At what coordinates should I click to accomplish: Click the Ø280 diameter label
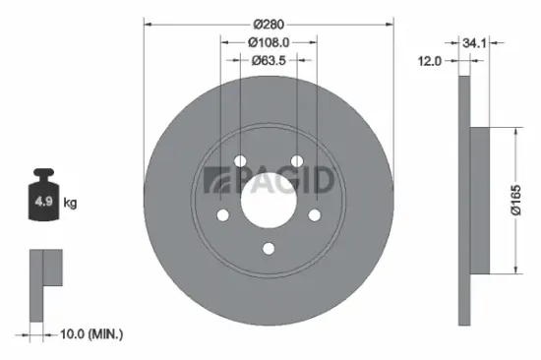[x=269, y=22]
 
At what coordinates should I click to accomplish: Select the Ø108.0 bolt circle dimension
[x=269, y=42]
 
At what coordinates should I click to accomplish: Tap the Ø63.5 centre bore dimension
[x=269, y=61]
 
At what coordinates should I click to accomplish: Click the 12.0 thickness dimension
[x=429, y=61]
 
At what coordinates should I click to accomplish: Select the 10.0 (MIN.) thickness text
[x=92, y=335]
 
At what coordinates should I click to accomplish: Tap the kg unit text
[x=71, y=204]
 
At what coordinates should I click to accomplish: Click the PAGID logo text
[x=268, y=181]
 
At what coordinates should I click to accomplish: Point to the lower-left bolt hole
[x=222, y=216]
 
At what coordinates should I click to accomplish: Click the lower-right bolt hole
[x=315, y=216]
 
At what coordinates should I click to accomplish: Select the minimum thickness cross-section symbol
[x=44, y=286]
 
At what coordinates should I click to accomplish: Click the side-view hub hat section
[x=480, y=202]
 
